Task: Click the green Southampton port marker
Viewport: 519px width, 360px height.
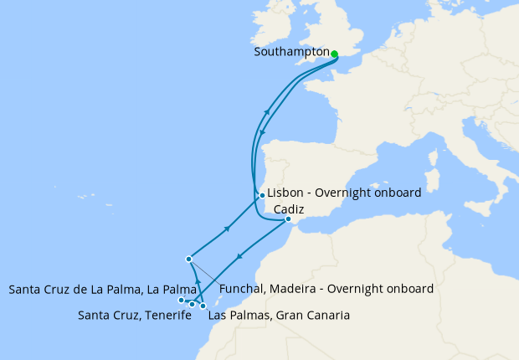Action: (334, 54)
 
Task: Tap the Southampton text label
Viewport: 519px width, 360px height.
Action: (291, 52)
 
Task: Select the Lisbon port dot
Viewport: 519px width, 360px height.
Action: (262, 196)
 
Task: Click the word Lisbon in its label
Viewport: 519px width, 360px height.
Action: (285, 193)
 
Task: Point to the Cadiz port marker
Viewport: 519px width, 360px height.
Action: (289, 220)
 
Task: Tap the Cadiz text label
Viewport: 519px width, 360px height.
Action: (288, 208)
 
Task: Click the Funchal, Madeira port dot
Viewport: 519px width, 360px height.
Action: (189, 259)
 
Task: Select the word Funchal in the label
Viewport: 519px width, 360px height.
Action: (244, 290)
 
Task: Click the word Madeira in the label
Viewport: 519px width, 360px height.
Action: (299, 290)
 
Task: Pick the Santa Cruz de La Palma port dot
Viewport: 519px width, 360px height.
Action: (181, 300)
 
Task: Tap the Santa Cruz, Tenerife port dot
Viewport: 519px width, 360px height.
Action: (193, 304)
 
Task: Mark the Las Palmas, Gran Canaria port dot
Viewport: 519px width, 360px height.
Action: (203, 306)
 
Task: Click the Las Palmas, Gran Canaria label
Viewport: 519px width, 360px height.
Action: (278, 316)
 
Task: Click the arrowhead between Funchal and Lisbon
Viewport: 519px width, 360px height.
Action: (228, 228)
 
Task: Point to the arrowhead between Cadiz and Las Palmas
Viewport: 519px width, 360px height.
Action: (240, 258)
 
